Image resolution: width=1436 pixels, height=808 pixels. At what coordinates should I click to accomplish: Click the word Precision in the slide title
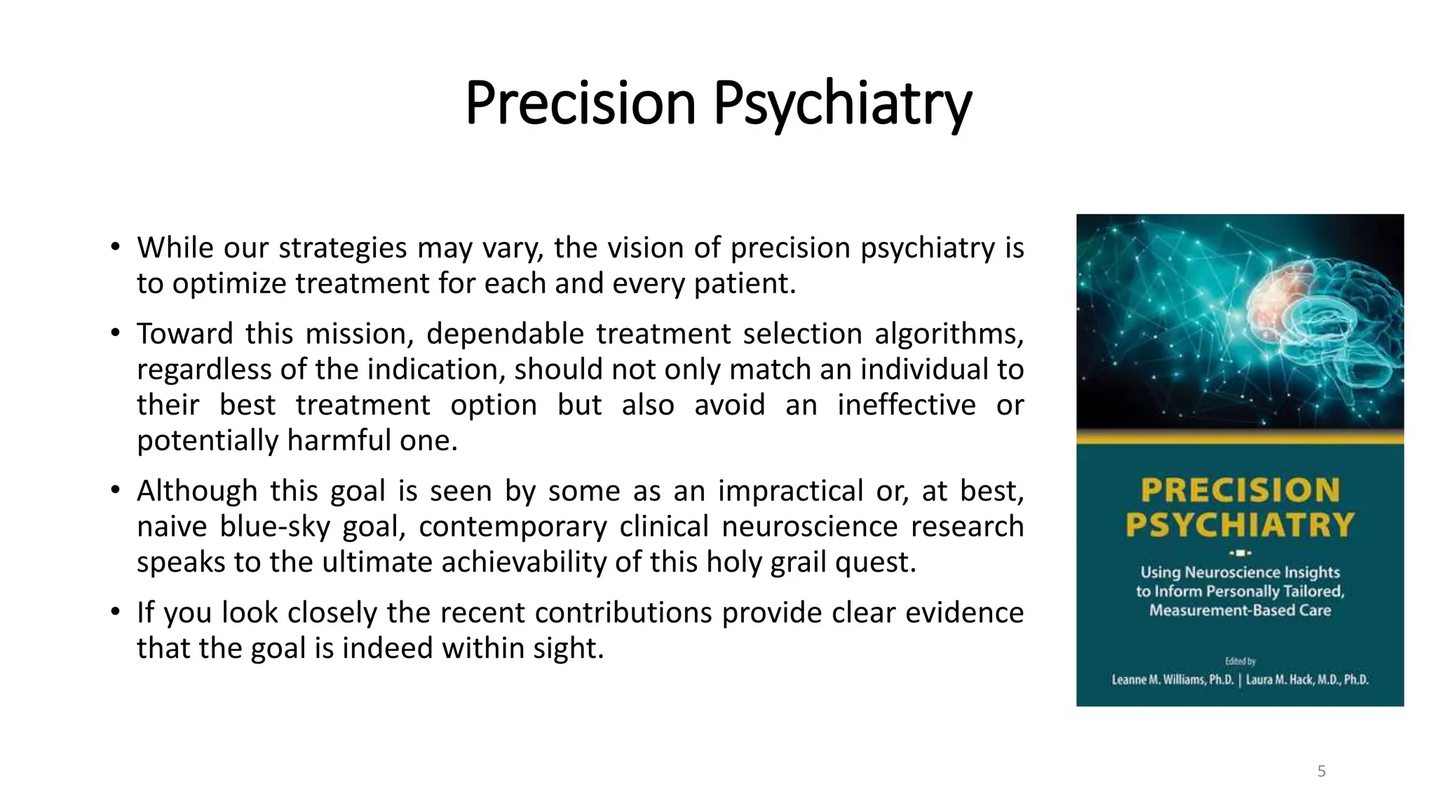click(580, 103)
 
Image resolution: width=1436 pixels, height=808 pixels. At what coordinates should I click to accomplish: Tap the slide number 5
click(1321, 772)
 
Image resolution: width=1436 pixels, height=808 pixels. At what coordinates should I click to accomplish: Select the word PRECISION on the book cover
click(1240, 490)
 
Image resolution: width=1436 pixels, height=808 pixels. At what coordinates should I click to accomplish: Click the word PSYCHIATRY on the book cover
click(1240, 525)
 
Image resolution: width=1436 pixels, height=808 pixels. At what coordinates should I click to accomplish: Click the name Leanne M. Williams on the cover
click(1172, 680)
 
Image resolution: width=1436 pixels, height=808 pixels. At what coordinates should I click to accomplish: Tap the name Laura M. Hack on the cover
click(1307, 680)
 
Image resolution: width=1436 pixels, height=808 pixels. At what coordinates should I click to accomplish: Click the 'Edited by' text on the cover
click(1240, 661)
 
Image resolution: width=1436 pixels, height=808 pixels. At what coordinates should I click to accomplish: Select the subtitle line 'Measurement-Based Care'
click(1240, 610)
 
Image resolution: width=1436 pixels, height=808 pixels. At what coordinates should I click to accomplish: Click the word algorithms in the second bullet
click(949, 334)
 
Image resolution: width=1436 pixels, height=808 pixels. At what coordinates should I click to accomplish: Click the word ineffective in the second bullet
click(906, 405)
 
